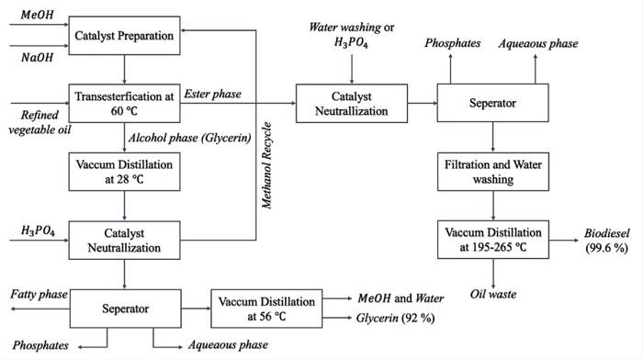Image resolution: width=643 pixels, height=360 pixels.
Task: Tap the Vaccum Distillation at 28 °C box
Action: [125, 168]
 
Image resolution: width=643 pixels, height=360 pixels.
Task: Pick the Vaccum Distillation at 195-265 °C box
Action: [495, 238]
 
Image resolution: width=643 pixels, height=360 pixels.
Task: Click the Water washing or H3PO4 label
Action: [350, 34]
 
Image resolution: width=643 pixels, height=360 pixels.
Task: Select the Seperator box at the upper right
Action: [495, 104]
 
